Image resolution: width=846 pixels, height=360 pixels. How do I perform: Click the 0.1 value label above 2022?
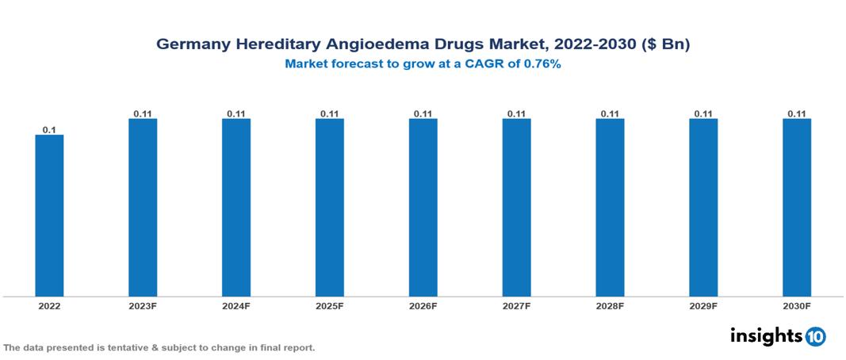click(49, 129)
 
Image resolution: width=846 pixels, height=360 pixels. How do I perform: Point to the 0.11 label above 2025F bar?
click(330, 113)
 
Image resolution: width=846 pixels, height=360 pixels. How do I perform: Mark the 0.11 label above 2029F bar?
click(703, 113)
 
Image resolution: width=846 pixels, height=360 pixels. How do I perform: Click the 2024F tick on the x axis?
click(236, 306)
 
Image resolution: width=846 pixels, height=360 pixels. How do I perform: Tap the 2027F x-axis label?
click(516, 306)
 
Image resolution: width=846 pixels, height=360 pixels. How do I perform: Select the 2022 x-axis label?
click(49, 306)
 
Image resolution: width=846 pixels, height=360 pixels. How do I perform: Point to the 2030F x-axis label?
click(797, 306)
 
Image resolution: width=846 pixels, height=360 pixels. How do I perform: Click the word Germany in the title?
click(191, 45)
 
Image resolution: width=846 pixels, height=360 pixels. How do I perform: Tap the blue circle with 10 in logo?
click(816, 337)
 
